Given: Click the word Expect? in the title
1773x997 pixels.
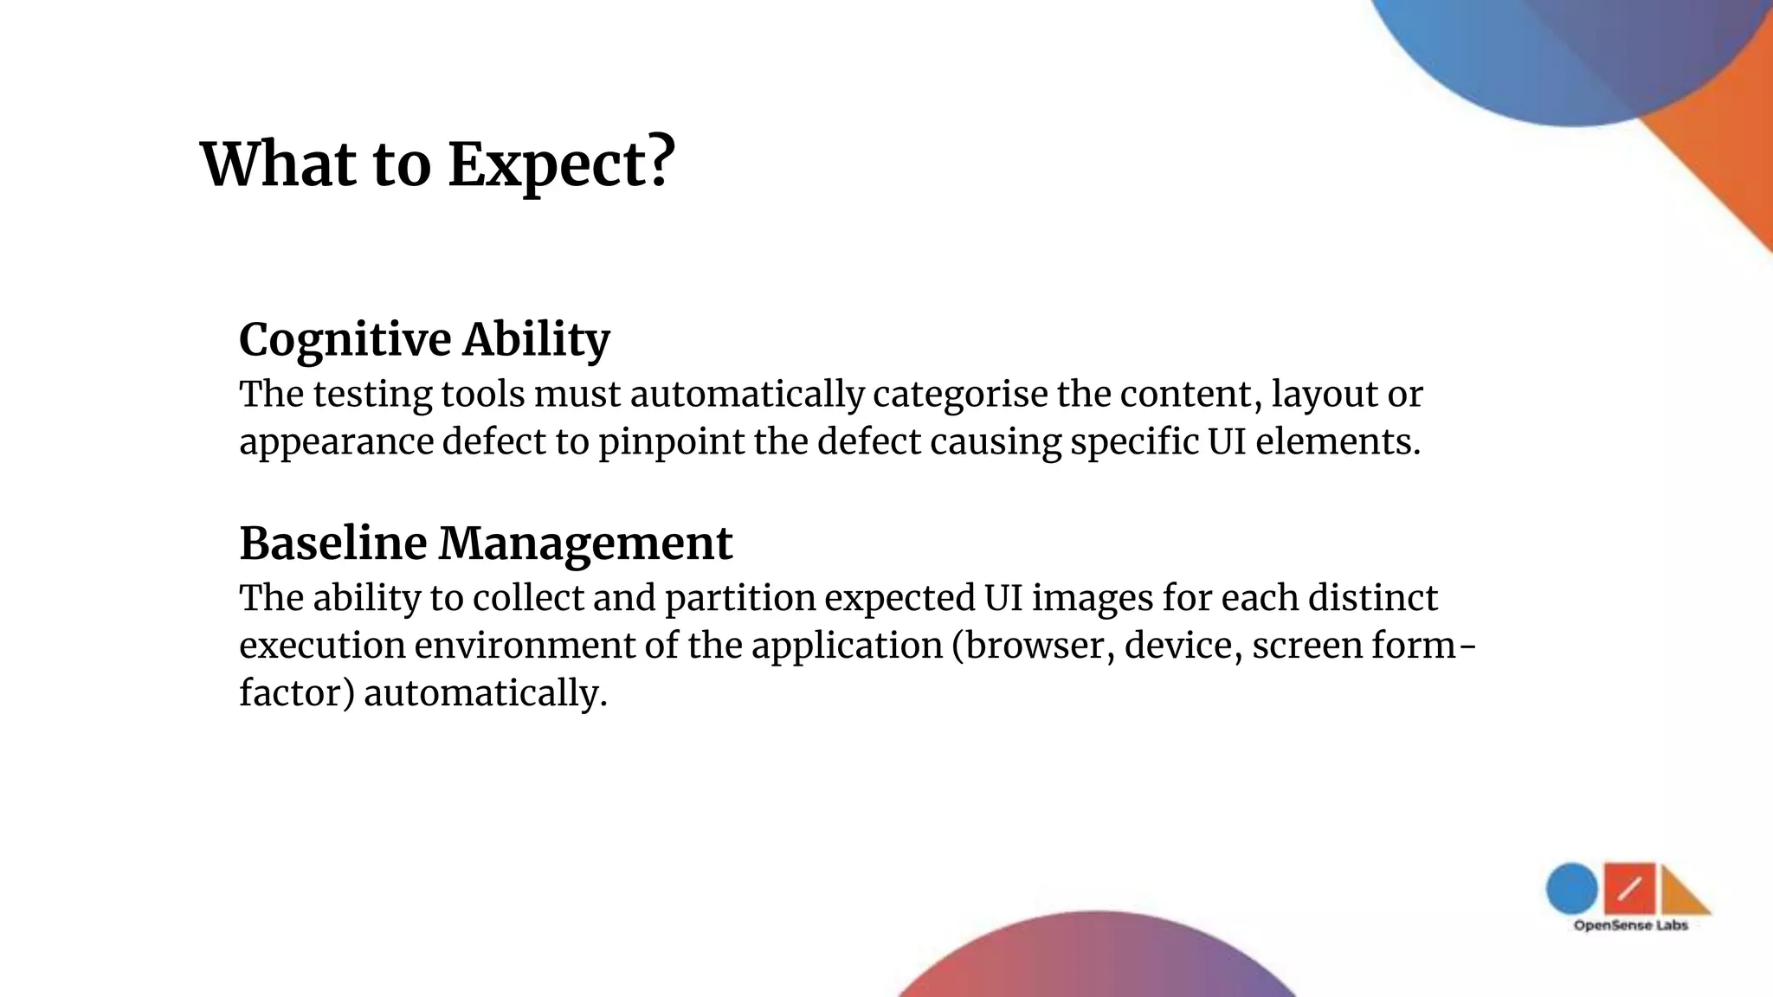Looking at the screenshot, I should [x=561, y=164].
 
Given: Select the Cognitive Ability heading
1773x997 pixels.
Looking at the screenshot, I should [x=424, y=339].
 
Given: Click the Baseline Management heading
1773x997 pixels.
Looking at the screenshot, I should [x=486, y=544].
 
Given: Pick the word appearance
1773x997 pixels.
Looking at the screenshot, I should [x=336, y=442].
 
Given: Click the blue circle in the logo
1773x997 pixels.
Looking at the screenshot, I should [x=1571, y=889].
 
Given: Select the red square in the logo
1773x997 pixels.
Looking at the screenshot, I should [x=1628, y=888].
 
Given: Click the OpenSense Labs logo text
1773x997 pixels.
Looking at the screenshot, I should [x=1630, y=926].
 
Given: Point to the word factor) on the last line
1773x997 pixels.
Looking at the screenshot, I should [x=297, y=693].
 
